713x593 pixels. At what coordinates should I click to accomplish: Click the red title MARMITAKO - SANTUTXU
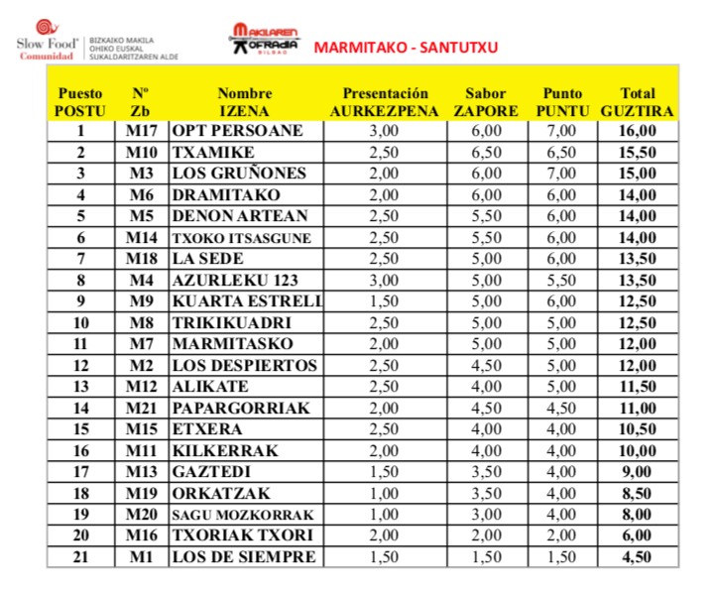click(406, 47)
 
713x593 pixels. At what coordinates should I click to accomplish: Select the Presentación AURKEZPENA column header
click(384, 102)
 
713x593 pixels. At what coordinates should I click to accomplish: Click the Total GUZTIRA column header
click(637, 102)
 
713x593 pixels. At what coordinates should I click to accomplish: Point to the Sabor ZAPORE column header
click(485, 102)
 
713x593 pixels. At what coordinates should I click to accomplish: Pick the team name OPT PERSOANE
click(237, 131)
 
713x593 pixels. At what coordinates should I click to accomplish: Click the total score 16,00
click(637, 131)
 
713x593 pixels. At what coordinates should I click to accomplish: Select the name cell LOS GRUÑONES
click(239, 174)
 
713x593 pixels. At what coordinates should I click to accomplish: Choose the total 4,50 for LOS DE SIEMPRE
click(637, 557)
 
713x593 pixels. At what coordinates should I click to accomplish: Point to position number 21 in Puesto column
click(80, 557)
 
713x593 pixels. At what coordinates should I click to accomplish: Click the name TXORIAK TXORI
click(242, 536)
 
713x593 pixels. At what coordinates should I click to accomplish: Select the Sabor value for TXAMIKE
click(485, 153)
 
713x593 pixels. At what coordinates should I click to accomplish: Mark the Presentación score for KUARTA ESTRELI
click(384, 301)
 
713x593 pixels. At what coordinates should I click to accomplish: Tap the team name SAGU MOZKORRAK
click(242, 515)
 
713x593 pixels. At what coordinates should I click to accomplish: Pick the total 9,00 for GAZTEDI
click(637, 472)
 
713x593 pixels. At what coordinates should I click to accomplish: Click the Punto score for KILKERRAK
click(561, 451)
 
